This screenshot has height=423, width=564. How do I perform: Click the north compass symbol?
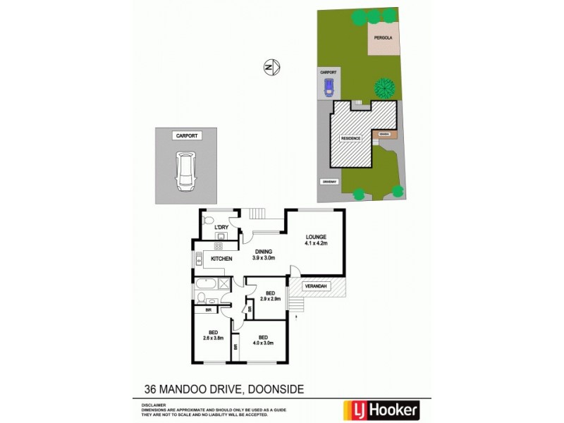click(x=272, y=67)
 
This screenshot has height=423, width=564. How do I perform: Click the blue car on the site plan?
click(x=328, y=87)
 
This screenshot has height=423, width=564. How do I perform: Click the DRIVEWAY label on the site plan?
click(x=329, y=182)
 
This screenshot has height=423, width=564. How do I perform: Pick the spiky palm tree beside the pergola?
click(x=384, y=88)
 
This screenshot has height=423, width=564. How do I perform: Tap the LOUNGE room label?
click(x=316, y=237)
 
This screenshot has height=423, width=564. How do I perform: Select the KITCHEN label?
click(x=222, y=259)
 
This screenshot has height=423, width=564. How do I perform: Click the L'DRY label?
click(x=221, y=227)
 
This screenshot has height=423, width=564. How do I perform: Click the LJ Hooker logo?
click(x=381, y=408)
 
